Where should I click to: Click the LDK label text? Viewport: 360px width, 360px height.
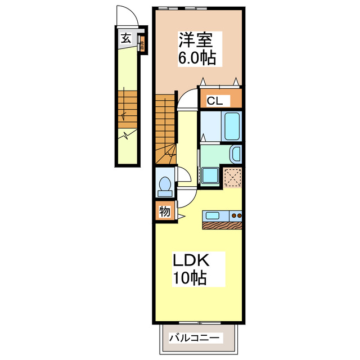pos(191,260)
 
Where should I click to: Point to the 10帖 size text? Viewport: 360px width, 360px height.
pos(189,278)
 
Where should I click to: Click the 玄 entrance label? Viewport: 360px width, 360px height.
pos(125,39)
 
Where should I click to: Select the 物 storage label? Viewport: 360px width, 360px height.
pos(164,212)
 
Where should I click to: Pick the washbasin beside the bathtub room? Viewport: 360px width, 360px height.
pos(236,153)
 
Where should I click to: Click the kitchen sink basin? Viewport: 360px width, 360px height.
pos(214,215)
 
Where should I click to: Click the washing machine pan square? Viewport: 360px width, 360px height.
pos(210,175)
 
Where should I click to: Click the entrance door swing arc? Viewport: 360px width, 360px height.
pos(125,14)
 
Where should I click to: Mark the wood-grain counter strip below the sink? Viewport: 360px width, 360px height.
pos(223,225)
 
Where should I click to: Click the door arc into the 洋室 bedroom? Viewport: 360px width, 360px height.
pos(187,98)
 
